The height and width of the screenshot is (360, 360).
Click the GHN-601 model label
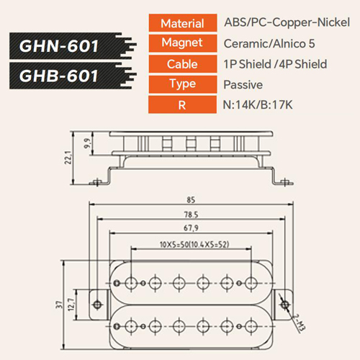point(59,46)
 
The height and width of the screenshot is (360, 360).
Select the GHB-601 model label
point(59,76)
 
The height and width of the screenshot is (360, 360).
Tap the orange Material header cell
point(183,23)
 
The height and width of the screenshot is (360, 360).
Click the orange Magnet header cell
point(183,43)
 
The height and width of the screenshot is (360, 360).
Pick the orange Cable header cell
point(183,64)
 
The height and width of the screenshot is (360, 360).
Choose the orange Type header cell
point(183,84)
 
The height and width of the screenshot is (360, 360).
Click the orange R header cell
point(182,104)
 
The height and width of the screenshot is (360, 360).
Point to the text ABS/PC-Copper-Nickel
point(287,22)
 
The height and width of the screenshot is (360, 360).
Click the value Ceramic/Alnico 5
point(269,44)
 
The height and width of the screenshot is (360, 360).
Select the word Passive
point(243,85)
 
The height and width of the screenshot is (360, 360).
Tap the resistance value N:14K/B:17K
point(258,105)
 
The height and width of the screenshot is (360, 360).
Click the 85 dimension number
point(191,199)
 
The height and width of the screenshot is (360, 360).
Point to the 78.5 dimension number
point(191,215)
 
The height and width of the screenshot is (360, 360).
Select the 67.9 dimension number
point(191,228)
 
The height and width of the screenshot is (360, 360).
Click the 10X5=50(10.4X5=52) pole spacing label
point(194,244)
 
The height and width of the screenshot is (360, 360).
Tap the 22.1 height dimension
point(68,158)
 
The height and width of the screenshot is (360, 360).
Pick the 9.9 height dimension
point(87,143)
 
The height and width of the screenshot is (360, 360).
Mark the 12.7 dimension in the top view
point(71,305)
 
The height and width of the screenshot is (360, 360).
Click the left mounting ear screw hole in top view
point(97,305)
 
